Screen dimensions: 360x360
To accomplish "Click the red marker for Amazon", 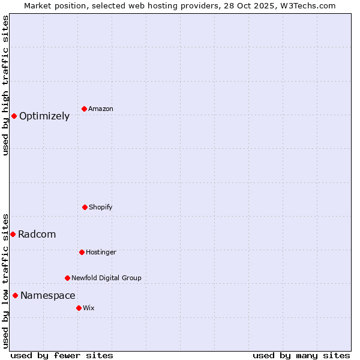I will pyautogui.click(x=84, y=109).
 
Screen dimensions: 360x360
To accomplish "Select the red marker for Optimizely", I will pyautogui.click(x=14, y=116).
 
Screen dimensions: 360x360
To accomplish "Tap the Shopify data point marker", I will pyautogui.click(x=85, y=207).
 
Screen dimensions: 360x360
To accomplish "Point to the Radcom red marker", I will pyautogui.click(x=13, y=234).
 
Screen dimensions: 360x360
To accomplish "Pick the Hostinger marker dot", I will pyautogui.click(x=82, y=252).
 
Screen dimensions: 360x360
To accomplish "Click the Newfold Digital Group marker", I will pyautogui.click(x=67, y=278).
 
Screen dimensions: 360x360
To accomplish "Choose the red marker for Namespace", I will pyautogui.click(x=15, y=295).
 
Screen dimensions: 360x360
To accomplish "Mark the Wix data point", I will pyautogui.click(x=79, y=308).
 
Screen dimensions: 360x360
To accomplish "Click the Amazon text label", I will pyautogui.click(x=101, y=109).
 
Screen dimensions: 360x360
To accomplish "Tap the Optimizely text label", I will pyautogui.click(x=44, y=116).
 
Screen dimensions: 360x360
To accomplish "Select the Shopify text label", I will pyautogui.click(x=101, y=208).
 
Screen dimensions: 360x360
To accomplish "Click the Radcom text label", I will pyautogui.click(x=37, y=235).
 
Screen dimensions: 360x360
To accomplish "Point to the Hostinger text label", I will pyautogui.click(x=101, y=253).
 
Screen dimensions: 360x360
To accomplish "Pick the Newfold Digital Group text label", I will pyautogui.click(x=106, y=278).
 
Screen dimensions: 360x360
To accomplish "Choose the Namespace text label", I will pyautogui.click(x=48, y=296).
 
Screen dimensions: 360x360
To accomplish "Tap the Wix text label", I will pyautogui.click(x=89, y=308).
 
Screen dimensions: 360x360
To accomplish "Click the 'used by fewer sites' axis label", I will pyautogui.click(x=62, y=355).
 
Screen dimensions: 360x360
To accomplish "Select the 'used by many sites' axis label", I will pyautogui.click(x=301, y=355).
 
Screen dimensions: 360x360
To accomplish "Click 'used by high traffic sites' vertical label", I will pyautogui.click(x=5, y=85).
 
